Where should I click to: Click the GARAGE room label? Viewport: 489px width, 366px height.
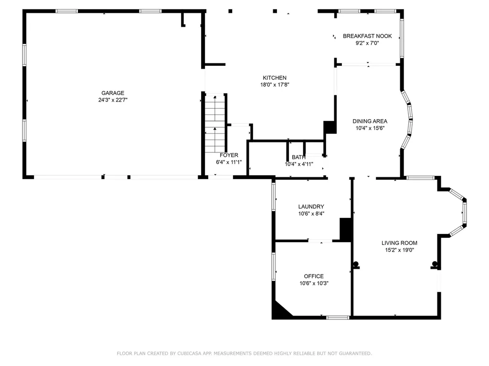click(113, 93)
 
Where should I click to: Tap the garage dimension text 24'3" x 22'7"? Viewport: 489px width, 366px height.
click(113, 100)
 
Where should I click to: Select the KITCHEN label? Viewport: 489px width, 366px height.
click(275, 78)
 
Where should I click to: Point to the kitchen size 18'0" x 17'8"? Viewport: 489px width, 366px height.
click(275, 85)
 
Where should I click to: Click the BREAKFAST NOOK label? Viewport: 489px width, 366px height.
click(367, 36)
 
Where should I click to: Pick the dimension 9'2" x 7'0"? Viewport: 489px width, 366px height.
click(367, 43)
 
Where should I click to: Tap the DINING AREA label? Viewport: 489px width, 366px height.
click(370, 121)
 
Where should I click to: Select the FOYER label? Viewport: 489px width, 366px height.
click(229, 155)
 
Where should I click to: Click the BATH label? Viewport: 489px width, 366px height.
click(298, 157)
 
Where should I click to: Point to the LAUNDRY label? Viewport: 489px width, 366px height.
click(311, 207)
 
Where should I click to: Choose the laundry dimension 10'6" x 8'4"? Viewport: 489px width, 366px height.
click(311, 214)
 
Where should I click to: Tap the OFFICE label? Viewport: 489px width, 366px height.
click(314, 276)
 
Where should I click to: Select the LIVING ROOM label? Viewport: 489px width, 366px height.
click(399, 243)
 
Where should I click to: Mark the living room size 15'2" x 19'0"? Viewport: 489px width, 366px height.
click(399, 250)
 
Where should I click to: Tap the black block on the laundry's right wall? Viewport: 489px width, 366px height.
click(345, 229)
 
